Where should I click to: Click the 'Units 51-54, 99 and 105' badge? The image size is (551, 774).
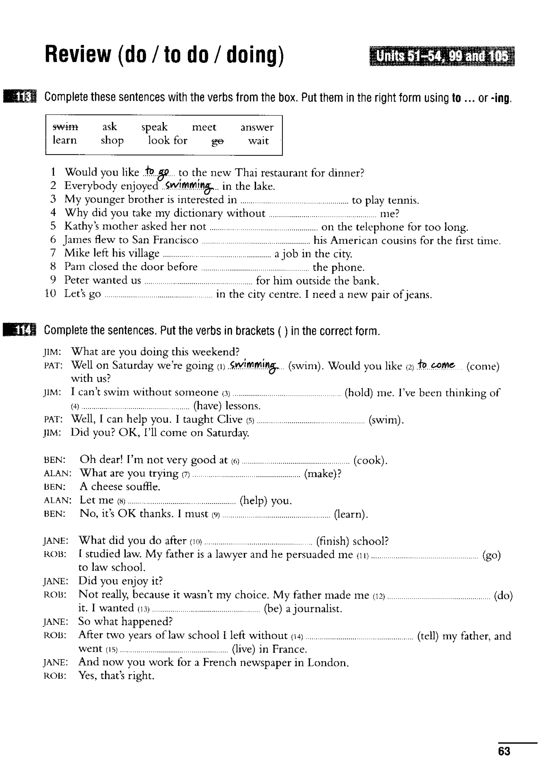tap(442, 56)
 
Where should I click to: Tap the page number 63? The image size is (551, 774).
tap(504, 751)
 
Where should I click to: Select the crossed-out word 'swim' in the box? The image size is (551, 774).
tap(65, 127)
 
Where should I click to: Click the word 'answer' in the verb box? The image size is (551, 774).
tap(257, 127)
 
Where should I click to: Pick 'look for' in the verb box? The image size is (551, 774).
tap(168, 140)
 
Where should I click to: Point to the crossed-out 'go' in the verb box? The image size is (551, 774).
tap(217, 141)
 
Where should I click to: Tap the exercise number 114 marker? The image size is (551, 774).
tap(20, 330)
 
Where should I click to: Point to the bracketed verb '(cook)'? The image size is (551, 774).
tap(370, 460)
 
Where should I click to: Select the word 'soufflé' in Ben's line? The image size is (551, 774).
tap(144, 487)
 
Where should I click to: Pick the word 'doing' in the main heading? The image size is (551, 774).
tap(255, 55)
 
